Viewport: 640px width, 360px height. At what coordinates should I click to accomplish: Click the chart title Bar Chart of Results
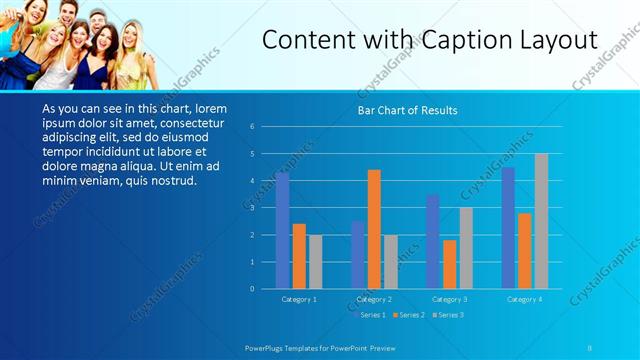408,111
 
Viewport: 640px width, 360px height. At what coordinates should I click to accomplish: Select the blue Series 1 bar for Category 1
283,230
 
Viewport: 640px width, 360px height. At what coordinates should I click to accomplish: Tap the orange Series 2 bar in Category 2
374,229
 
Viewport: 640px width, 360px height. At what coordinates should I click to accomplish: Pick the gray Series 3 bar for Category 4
541,221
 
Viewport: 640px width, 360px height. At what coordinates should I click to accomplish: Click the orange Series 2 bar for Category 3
449,264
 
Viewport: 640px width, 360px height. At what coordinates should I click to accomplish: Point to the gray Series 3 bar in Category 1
316,262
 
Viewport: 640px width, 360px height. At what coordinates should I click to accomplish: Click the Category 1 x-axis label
299,299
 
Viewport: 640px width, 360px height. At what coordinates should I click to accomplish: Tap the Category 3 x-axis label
450,299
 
